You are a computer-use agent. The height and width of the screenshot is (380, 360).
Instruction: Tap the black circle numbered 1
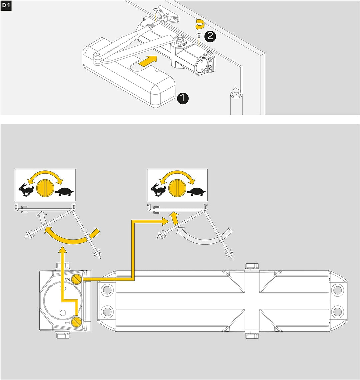click(183, 98)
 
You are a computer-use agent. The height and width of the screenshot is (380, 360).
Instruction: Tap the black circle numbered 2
click(210, 36)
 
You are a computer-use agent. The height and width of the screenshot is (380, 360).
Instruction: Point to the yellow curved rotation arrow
click(200, 24)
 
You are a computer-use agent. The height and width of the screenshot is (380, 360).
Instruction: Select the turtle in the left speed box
click(64, 192)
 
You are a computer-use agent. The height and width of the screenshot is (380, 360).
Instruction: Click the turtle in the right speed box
click(196, 192)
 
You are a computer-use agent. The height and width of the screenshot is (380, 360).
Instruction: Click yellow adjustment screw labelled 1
click(77, 322)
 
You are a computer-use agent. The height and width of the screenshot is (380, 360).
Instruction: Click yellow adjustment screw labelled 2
click(77, 279)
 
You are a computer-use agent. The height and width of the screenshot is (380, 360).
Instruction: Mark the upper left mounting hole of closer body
click(107, 290)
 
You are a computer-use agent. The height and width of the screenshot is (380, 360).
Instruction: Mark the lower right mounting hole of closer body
click(337, 312)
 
